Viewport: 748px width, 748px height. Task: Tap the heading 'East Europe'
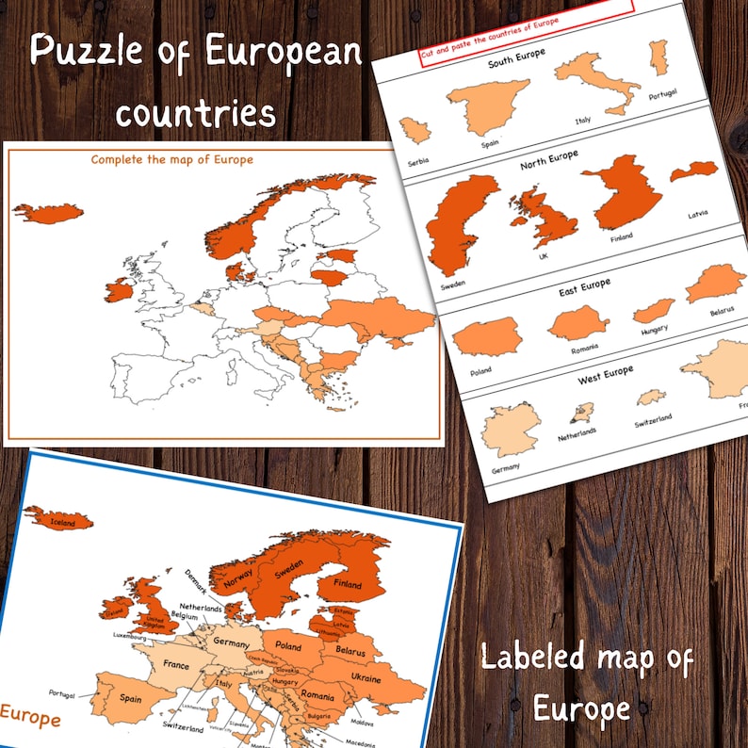(x=584, y=287)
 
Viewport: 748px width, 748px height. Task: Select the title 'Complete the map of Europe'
(x=171, y=159)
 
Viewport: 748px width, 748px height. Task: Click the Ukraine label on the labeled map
(x=365, y=677)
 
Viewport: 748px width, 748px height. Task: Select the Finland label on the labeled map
(x=347, y=584)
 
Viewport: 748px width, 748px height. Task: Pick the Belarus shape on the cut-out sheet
(x=715, y=284)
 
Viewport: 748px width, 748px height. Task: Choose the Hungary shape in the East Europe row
(x=652, y=311)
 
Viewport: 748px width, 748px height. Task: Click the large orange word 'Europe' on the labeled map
(x=30, y=718)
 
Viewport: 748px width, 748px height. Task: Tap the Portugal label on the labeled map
(x=62, y=693)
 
